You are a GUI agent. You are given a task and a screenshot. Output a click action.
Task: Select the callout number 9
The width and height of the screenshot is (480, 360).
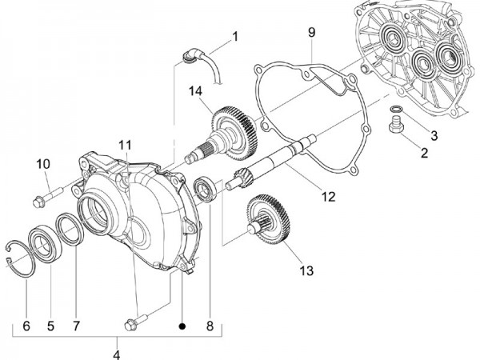pyautogui.click(x=312, y=32)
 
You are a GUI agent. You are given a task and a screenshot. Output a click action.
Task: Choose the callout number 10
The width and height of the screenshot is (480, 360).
pyautogui.click(x=43, y=164)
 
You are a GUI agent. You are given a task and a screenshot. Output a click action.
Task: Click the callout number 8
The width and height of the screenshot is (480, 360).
pyautogui.click(x=210, y=326)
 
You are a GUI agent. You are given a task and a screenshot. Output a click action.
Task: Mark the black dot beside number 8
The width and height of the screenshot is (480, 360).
pyautogui.click(x=183, y=326)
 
